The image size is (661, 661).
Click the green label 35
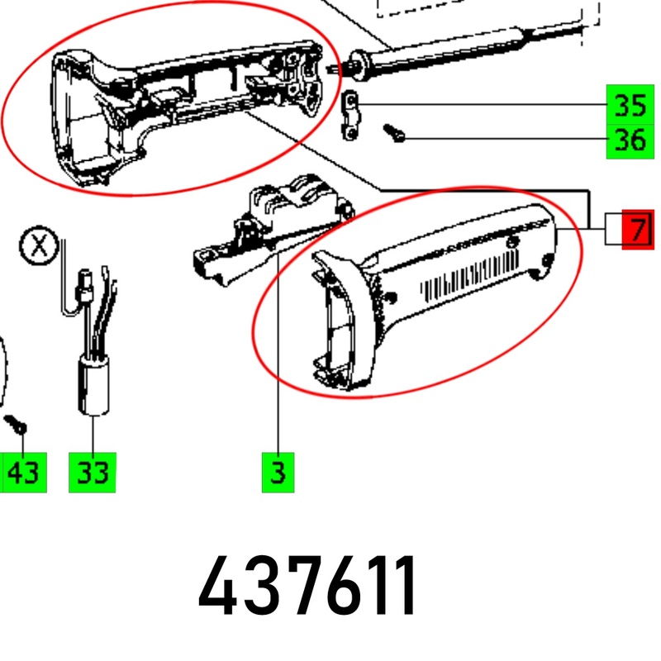tap(630, 105)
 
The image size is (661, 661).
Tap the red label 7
tap(638, 230)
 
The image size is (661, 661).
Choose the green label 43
tap(23, 473)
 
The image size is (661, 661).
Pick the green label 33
tap(93, 473)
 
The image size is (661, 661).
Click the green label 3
tap(278, 473)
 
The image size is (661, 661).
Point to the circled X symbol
tap(39, 245)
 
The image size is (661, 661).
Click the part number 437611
tap(307, 586)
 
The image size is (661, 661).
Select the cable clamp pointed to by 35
tap(350, 116)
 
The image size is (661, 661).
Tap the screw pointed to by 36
tap(394, 133)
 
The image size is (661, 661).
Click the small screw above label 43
tap(15, 425)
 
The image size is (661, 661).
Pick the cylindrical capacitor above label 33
tap(93, 385)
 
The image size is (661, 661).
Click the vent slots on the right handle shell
tap(470, 275)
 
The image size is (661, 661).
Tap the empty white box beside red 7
tap(614, 230)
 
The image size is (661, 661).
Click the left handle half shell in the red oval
tap(185, 112)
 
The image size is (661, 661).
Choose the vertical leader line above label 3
tap(278, 352)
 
